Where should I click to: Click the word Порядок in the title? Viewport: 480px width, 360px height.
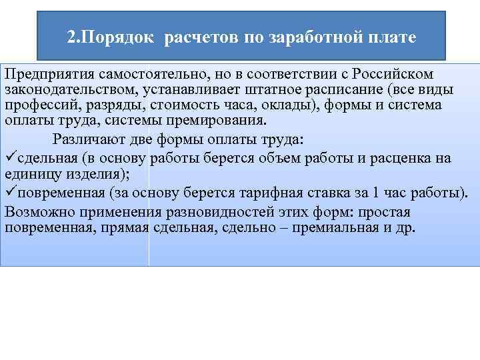click(x=123, y=37)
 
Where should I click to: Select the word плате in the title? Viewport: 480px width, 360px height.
click(x=393, y=37)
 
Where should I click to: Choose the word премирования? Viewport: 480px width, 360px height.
click(x=207, y=121)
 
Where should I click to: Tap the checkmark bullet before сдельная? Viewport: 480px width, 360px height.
click(x=9, y=158)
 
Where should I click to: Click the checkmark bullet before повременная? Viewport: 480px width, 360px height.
click(x=9, y=193)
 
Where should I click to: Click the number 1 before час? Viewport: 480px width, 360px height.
click(x=377, y=193)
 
